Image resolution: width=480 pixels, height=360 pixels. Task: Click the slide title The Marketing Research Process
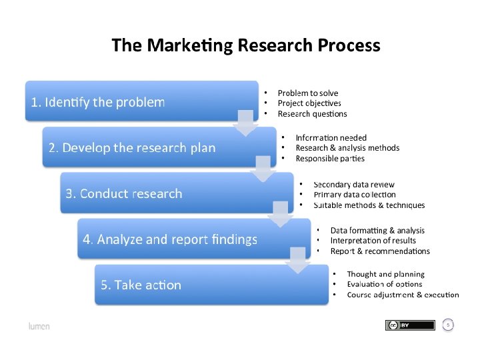[246, 45]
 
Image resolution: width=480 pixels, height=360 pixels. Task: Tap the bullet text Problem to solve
[307, 93]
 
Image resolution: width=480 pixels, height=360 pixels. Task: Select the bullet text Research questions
[312, 114]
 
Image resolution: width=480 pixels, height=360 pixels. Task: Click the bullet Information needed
[331, 138]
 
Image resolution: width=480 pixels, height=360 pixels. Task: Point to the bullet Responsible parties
[330, 159]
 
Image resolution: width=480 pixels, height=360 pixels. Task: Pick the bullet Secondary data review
[353, 185]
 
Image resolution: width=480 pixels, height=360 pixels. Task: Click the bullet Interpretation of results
[373, 241]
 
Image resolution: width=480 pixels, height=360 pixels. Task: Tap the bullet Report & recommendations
[380, 251]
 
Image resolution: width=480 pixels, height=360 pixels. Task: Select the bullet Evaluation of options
[385, 284]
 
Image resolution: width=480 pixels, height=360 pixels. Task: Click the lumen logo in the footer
[39, 326]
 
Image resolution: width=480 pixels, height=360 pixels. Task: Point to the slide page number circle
[449, 325]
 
